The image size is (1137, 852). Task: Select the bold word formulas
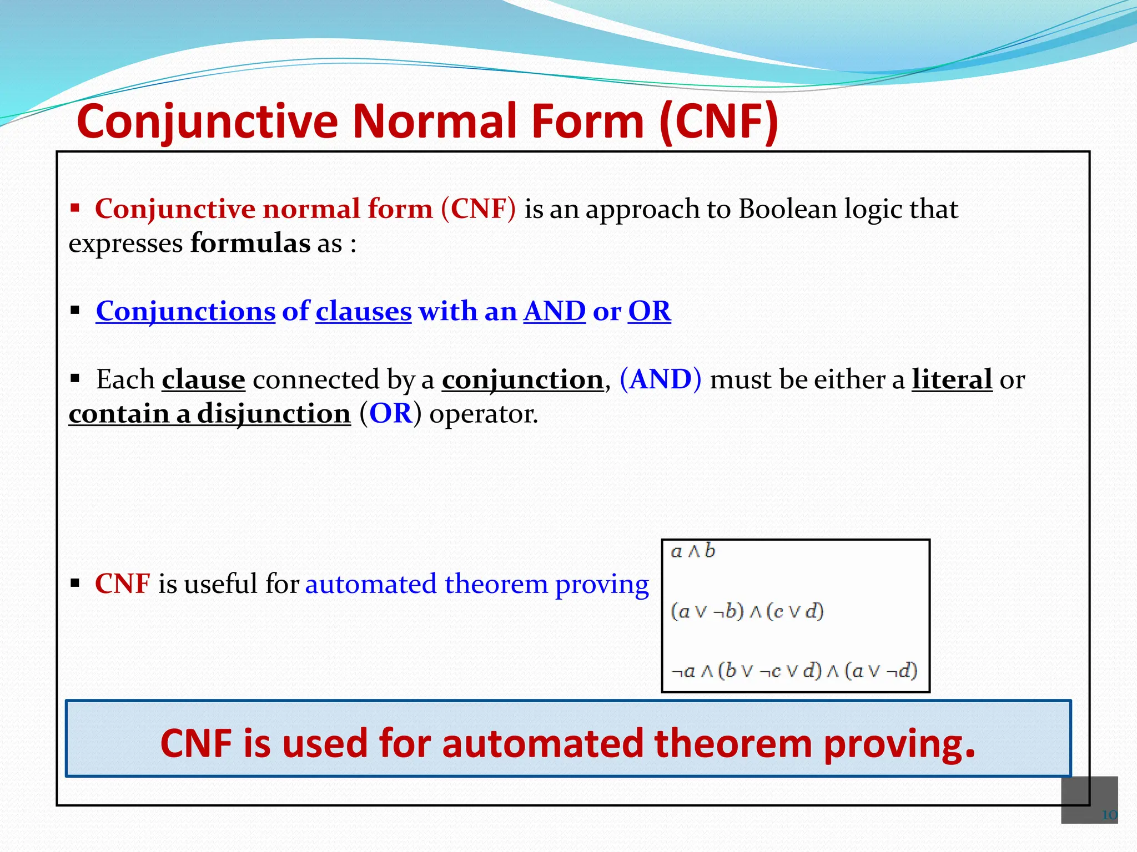tap(250, 244)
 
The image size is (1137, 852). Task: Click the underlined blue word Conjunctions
tap(185, 311)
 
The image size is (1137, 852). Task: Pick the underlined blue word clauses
tap(364, 311)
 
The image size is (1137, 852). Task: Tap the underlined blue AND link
tap(554, 311)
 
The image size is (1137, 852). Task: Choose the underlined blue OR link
tap(649, 311)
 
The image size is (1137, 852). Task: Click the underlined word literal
tap(952, 379)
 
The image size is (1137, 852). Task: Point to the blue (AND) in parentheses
tap(660, 379)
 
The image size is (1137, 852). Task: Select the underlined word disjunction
tap(274, 414)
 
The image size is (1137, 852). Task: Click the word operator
tap(483, 414)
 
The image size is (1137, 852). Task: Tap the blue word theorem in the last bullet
tap(496, 584)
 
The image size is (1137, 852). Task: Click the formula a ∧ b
tap(693, 551)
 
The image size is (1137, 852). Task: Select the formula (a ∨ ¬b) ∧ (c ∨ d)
tap(747, 611)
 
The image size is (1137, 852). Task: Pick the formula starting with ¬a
tap(794, 671)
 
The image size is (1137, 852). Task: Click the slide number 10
tap(1109, 815)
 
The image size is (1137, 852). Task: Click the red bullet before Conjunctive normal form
tap(75, 209)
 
